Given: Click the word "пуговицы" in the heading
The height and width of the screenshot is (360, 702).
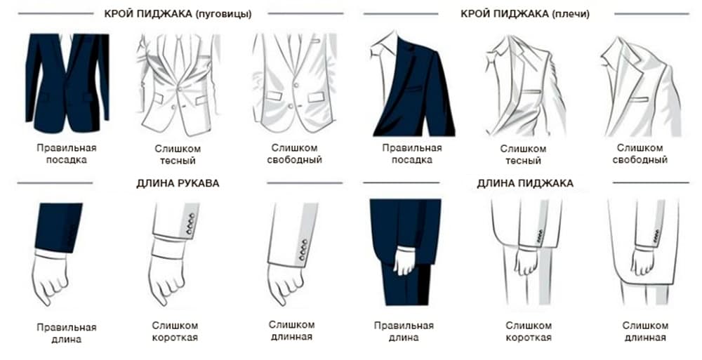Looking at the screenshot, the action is point(223,14).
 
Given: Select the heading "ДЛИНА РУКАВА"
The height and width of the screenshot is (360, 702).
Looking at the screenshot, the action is point(178,184).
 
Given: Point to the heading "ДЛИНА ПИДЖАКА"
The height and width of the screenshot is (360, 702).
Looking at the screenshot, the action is point(524,183).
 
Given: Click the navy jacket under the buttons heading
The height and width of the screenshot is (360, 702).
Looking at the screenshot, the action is point(67,83).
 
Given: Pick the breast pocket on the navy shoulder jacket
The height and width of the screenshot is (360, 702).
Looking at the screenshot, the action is point(413,88).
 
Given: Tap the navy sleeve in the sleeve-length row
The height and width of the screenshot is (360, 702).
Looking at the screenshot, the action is point(58,227).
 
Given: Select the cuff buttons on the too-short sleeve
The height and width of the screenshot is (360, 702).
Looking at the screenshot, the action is point(190,224).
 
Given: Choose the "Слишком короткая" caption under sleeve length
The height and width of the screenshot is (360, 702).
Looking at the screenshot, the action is point(175,331).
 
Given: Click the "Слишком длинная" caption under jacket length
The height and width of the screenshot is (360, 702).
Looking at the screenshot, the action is point(645,331).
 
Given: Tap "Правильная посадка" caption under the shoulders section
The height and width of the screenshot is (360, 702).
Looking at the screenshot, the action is point(412,154).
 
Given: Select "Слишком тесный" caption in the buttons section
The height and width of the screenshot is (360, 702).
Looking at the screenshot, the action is point(178,154).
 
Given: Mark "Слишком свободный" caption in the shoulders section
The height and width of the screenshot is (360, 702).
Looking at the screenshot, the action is point(640,154).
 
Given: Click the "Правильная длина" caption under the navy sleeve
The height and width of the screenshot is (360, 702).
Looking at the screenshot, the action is point(66,333).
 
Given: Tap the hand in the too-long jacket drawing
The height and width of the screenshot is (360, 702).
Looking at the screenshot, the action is point(642,261).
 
